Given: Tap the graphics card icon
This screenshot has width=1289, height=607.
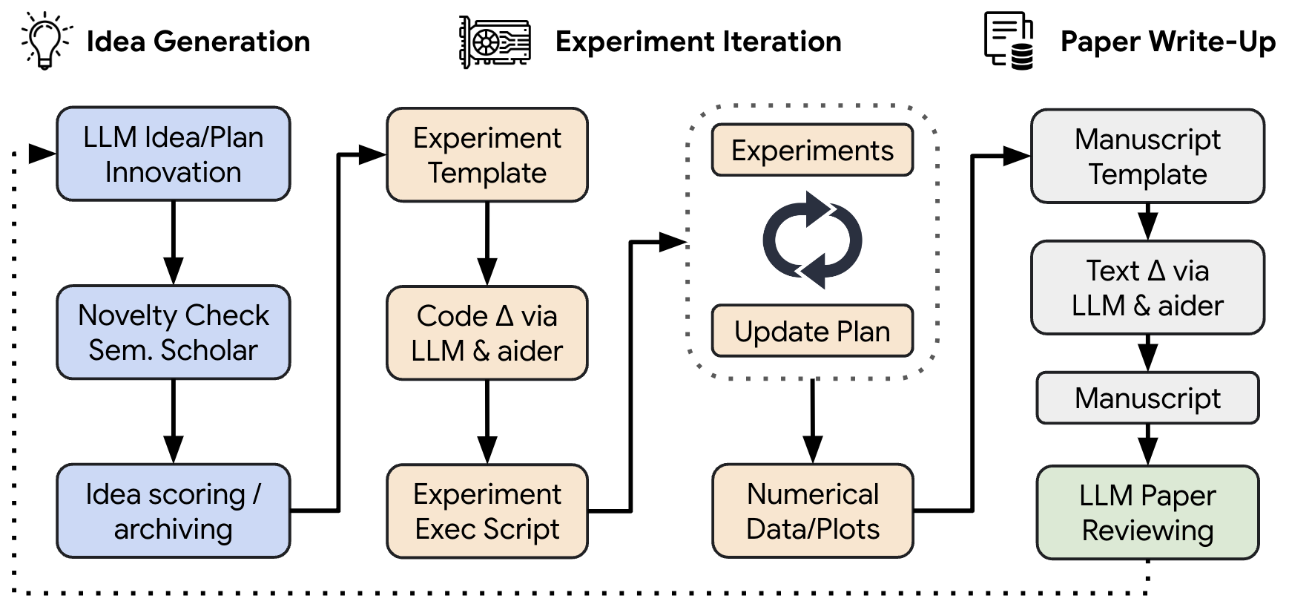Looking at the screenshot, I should pyautogui.click(x=495, y=42).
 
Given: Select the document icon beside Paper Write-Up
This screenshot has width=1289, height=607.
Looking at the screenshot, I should pyautogui.click(x=1009, y=41).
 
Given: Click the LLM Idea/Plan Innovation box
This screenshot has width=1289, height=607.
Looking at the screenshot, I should pyautogui.click(x=173, y=154).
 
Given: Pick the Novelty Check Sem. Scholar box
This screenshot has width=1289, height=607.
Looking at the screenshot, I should pyautogui.click(x=173, y=332).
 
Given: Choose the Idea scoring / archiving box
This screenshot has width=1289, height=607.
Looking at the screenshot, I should pyautogui.click(x=173, y=511).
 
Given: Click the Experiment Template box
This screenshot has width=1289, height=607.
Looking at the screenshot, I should pyautogui.click(x=487, y=155).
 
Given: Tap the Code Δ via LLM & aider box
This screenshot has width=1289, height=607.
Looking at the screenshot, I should pyautogui.click(x=487, y=333).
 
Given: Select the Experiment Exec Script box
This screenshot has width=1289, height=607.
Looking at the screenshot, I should pyautogui.click(x=487, y=511).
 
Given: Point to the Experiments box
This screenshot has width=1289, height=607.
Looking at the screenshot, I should pyautogui.click(x=812, y=151).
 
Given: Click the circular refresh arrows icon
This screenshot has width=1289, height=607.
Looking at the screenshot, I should pyautogui.click(x=812, y=240).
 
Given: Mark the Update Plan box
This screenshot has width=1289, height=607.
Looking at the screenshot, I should pyautogui.click(x=812, y=331).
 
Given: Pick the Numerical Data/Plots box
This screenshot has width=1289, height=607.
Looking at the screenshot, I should pyautogui.click(x=812, y=511).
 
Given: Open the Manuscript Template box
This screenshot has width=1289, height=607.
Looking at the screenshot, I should pyautogui.click(x=1147, y=157).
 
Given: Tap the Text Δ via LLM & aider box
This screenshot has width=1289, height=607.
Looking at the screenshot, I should pyautogui.click(x=1147, y=288).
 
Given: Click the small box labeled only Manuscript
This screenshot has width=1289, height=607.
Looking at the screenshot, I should pyautogui.click(x=1147, y=398).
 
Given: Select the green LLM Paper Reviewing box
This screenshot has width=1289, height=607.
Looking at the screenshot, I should pyautogui.click(x=1147, y=513).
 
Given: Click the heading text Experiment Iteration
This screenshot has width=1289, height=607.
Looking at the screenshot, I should pyautogui.click(x=698, y=42).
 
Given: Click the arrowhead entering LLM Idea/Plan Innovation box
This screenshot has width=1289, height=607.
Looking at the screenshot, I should pyautogui.click(x=42, y=154).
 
